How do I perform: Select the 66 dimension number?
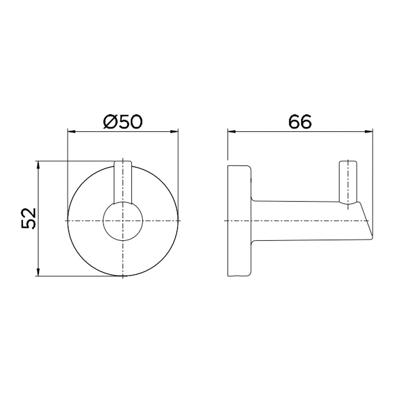click(300, 121)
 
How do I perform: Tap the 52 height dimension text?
click(29, 218)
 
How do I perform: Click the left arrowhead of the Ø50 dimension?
click(72, 131)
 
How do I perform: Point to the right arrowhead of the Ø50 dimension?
click(174, 131)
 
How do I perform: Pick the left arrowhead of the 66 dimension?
click(232, 131)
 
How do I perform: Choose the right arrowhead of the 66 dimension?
click(369, 131)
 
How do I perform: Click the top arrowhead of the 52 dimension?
click(38, 165)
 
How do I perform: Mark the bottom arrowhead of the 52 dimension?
click(38, 272)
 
